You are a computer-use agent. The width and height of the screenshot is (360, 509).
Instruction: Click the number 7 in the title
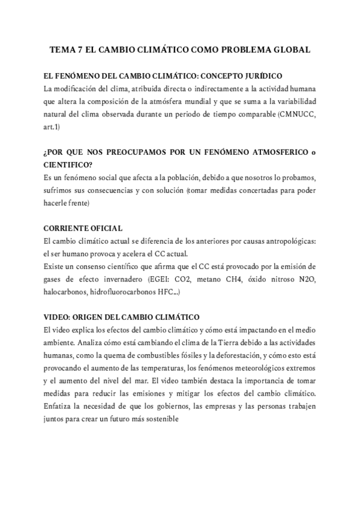(79, 51)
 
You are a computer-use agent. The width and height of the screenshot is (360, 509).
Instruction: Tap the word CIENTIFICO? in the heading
(69, 165)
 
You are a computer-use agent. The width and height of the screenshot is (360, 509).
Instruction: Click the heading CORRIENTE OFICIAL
(84, 228)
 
